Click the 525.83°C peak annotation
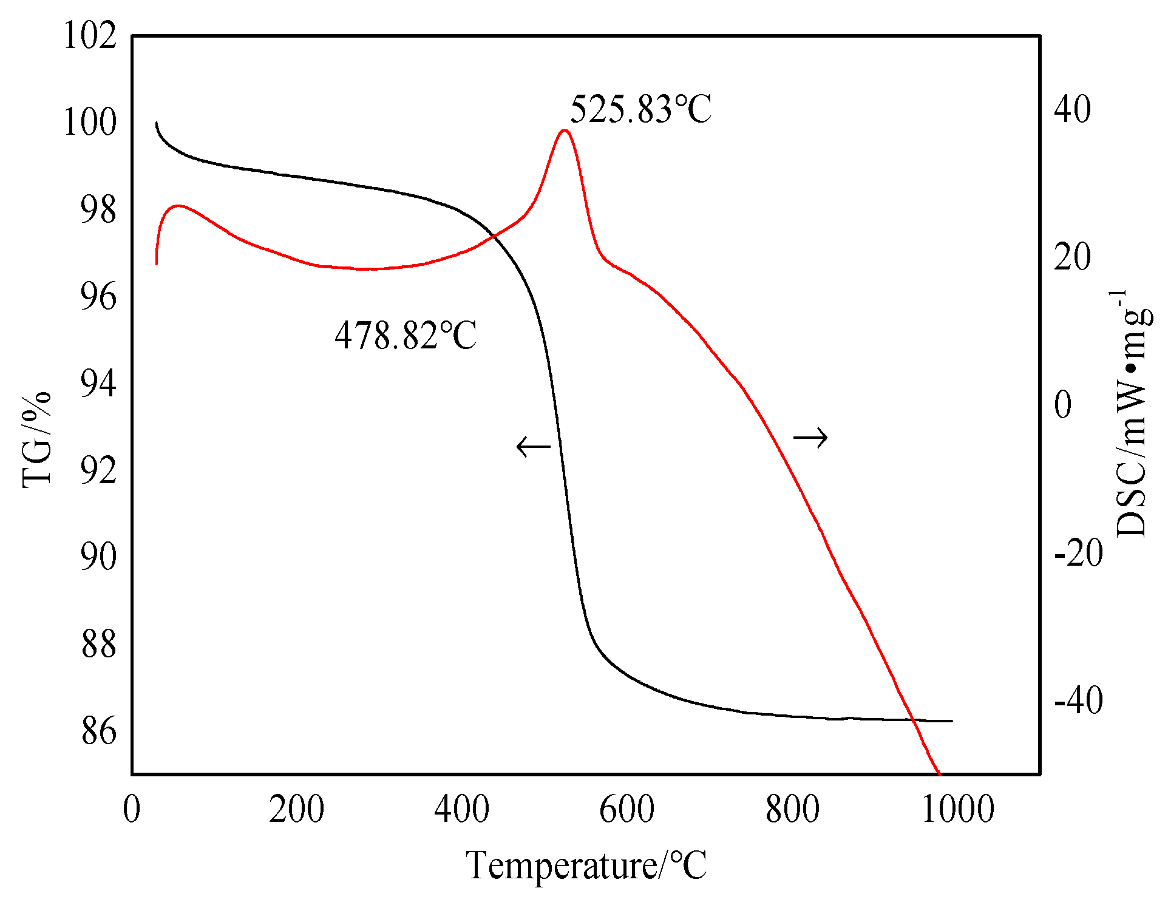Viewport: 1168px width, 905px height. coord(640,110)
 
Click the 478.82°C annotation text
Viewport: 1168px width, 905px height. coord(406,336)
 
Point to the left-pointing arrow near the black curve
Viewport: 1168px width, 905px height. coord(533,447)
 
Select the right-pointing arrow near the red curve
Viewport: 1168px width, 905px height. coord(810,437)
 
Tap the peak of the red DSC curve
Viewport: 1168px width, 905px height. coord(565,130)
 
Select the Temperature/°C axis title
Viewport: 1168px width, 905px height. coord(586,865)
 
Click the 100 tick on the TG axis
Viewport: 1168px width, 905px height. coord(90,123)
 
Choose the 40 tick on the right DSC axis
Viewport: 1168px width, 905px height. coord(1072,109)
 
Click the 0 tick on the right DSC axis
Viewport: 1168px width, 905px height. coord(1063,405)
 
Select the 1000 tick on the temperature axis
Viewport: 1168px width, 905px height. coord(958,810)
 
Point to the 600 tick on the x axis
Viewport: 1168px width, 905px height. coord(627,810)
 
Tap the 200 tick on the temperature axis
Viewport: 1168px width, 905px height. coord(297,810)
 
